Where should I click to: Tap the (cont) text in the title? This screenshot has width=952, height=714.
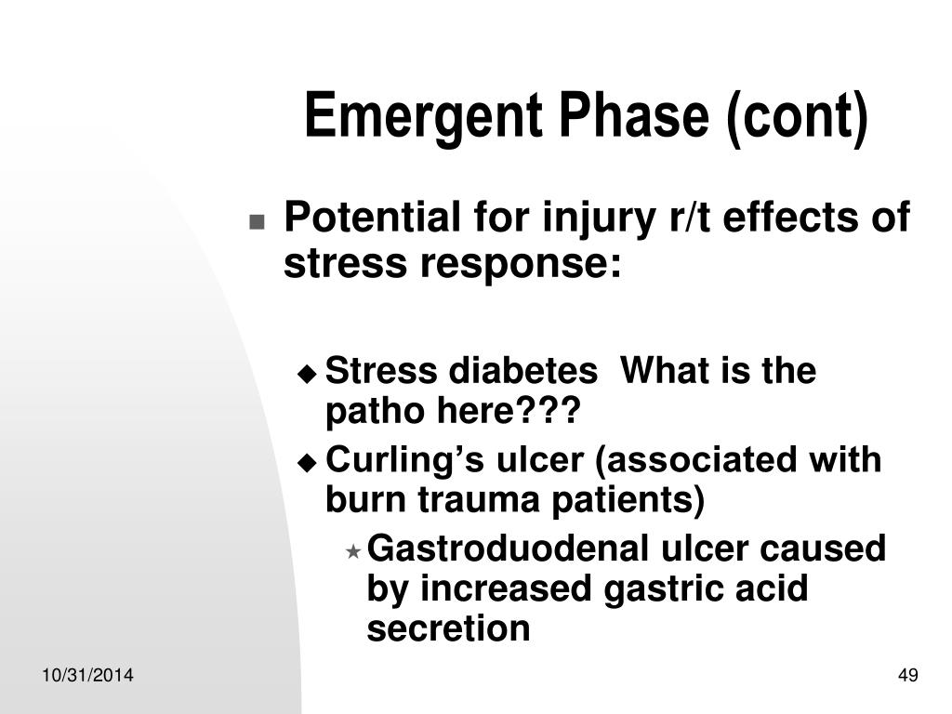click(x=797, y=118)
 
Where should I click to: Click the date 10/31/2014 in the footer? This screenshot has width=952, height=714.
click(x=87, y=675)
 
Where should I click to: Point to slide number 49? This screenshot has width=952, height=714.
click(x=907, y=675)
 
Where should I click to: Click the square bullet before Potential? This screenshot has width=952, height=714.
click(x=257, y=221)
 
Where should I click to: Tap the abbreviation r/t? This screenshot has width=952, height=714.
click(x=690, y=218)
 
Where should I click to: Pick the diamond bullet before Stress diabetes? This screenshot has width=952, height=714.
click(x=307, y=373)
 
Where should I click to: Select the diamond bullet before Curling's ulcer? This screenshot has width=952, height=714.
click(x=307, y=463)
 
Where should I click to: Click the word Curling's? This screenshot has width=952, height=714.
click(x=405, y=460)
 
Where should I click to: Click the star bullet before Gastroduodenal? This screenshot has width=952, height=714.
click(x=352, y=551)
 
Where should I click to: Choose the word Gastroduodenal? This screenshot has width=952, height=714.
click(x=509, y=549)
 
